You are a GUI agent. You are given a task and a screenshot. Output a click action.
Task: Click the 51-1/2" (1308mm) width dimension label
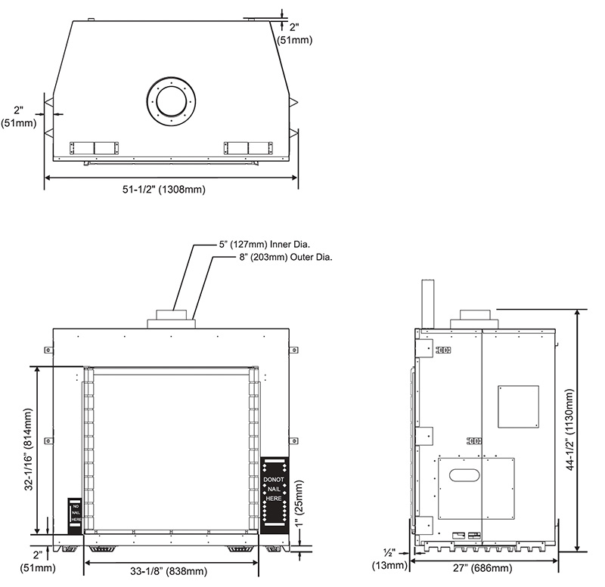[164, 189]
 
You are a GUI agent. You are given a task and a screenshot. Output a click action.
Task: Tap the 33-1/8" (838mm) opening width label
[169, 571]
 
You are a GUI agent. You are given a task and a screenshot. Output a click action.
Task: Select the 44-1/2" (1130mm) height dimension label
[571, 429]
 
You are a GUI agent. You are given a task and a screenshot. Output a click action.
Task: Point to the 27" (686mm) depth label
[482, 567]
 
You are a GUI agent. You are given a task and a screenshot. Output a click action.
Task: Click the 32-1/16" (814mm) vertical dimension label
[29, 449]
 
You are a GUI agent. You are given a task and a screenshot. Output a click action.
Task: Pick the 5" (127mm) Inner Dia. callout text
[265, 244]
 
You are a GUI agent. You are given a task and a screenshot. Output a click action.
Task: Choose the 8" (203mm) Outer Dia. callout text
[286, 257]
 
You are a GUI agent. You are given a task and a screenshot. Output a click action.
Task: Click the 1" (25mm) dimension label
[299, 503]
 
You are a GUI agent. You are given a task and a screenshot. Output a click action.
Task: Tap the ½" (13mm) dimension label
[389, 560]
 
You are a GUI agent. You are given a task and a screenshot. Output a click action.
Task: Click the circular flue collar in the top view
[172, 100]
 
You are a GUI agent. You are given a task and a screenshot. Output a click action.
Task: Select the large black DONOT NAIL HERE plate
[275, 496]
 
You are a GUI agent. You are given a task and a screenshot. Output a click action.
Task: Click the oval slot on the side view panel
[464, 475]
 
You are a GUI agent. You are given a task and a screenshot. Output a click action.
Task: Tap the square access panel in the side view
[518, 406]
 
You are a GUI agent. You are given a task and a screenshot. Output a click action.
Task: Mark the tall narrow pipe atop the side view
[427, 304]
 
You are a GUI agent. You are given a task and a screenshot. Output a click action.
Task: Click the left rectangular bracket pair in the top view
[94, 148]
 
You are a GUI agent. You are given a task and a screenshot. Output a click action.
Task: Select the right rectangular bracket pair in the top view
[249, 148]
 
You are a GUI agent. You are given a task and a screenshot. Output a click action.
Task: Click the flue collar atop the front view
[172, 319]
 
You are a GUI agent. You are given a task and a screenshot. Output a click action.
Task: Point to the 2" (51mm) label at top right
[295, 33]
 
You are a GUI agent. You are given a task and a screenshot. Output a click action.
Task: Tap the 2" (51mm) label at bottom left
[38, 561]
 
